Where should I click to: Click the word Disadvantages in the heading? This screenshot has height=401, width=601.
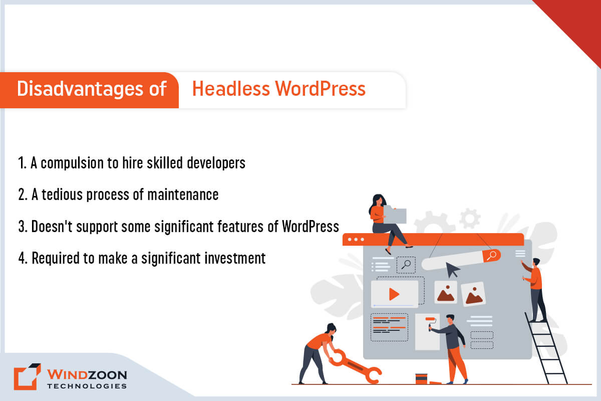[80, 89]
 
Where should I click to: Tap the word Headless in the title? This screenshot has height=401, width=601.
[231, 89]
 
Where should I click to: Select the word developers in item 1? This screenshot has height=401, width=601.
[216, 163]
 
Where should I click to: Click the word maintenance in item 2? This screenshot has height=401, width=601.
[183, 194]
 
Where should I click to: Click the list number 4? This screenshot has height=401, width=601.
[23, 258]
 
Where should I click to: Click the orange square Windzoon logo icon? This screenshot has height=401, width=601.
[28, 376]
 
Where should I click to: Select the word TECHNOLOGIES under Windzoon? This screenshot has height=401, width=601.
[87, 386]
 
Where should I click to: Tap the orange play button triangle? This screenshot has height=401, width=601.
[394, 294]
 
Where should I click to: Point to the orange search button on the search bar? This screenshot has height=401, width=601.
[491, 255]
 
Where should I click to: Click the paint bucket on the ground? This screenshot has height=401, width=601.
[421, 379]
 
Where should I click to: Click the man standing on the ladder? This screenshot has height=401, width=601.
[535, 290]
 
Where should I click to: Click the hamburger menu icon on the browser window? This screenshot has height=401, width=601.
[520, 253]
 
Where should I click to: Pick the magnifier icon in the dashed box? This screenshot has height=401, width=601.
[406, 265]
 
